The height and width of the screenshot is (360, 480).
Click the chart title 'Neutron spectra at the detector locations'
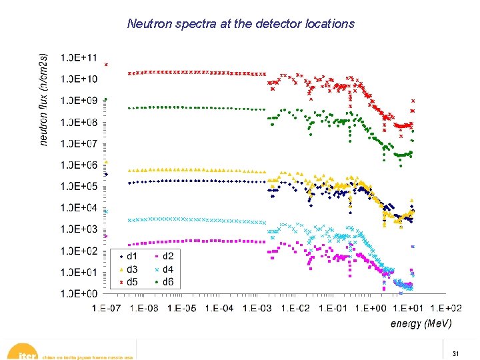coord(241,24)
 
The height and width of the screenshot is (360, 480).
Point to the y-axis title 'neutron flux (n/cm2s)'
coord(43,91)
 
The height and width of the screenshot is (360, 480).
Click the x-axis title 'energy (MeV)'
coord(421,324)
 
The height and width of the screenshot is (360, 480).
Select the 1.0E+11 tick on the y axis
coord(79,58)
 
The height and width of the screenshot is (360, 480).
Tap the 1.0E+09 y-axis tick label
coord(79,101)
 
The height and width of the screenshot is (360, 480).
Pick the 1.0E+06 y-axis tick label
coord(79,165)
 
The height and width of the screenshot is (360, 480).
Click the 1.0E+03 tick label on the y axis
coord(79,229)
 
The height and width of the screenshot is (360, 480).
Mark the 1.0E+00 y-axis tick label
coord(79,293)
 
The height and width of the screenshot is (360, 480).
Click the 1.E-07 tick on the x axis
coord(107,308)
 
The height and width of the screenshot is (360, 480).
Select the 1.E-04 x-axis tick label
coord(219,308)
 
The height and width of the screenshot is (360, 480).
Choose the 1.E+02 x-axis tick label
coord(445,308)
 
